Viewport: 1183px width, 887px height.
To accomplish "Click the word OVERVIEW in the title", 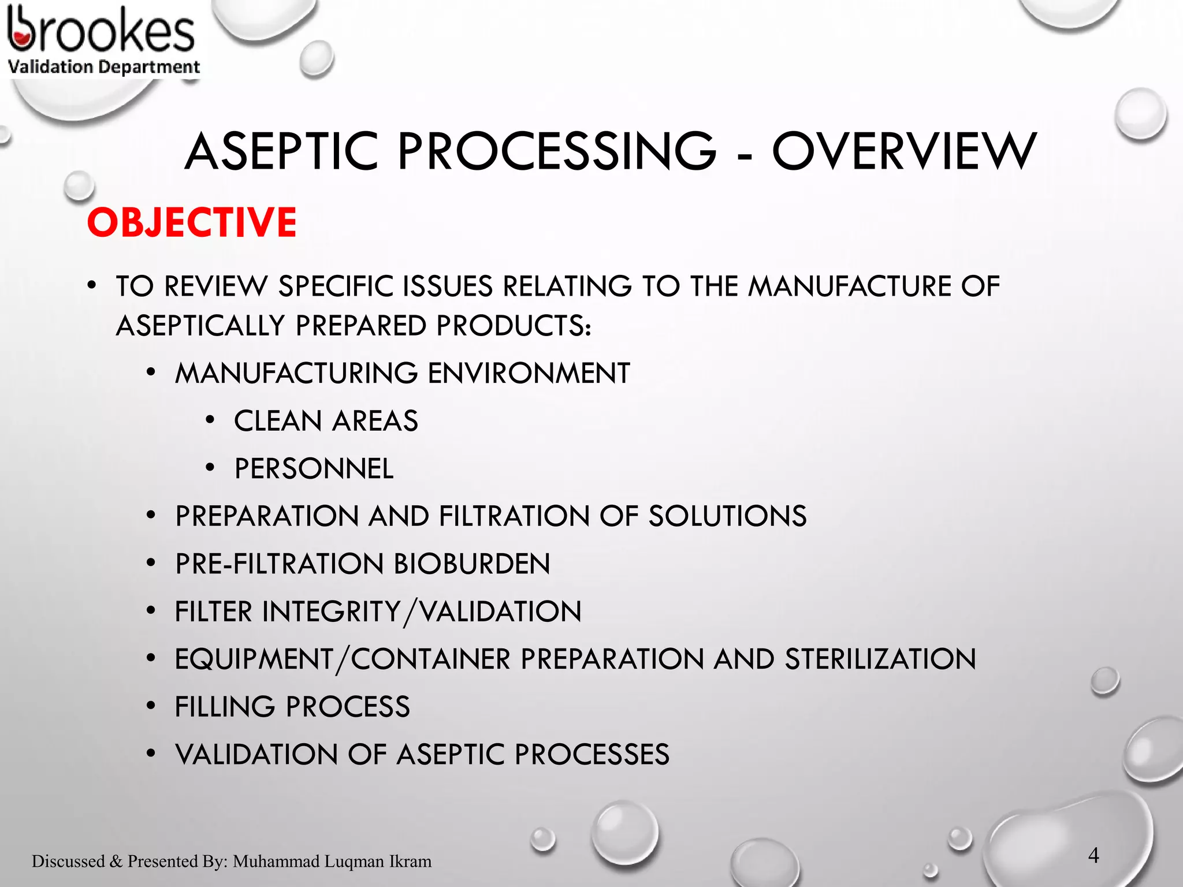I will (x=905, y=151).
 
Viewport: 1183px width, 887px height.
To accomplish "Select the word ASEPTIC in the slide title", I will (x=281, y=151).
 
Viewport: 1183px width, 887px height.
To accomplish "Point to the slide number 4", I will (x=1093, y=855).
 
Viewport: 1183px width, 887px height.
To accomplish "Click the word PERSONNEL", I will (x=314, y=468).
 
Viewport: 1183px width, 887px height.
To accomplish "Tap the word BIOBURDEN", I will (x=471, y=564).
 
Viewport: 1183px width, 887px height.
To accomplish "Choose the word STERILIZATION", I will (x=880, y=659).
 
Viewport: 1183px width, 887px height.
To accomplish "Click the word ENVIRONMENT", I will (x=529, y=373).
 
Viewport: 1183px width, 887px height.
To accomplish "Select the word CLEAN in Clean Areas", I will (x=278, y=420).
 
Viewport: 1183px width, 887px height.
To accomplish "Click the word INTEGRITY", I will (x=332, y=612).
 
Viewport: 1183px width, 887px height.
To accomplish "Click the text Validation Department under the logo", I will (x=104, y=67).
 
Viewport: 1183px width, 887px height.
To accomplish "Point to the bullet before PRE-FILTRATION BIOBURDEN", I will (x=151, y=563).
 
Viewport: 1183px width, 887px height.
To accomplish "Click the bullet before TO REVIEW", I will (x=92, y=285).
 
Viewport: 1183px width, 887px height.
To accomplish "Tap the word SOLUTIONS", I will (x=727, y=516).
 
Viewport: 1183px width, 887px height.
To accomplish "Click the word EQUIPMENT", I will (x=254, y=659).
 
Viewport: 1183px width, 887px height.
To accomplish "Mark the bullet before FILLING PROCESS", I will (x=151, y=706).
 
